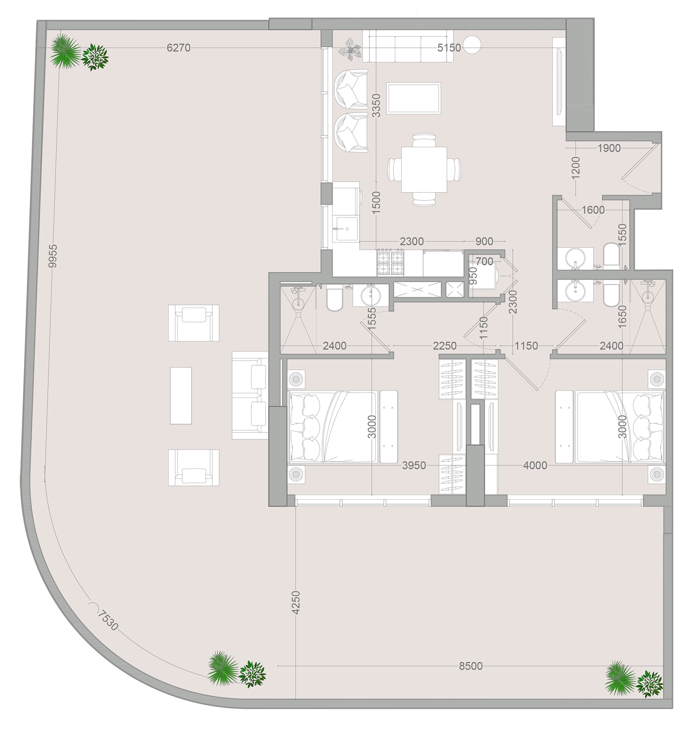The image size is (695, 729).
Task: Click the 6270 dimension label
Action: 178,48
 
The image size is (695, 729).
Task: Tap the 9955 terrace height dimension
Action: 53,256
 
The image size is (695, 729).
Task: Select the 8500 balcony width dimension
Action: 471,666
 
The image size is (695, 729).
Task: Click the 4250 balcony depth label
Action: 296,602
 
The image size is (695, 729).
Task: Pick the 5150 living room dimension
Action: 449,48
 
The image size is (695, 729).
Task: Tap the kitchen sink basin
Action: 346,229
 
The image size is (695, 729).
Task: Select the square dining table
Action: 424,170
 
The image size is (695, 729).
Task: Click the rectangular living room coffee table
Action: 414,98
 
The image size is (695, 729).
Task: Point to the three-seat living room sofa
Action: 408,46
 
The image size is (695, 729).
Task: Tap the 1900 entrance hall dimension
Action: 609,148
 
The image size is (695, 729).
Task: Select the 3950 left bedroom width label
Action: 414,465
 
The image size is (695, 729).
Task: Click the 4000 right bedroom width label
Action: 535,465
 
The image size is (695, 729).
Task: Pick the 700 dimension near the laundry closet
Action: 484,261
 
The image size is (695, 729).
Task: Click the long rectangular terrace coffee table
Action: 181,395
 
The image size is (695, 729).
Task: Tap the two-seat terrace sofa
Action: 250,395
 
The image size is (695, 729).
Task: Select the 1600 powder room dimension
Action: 593,210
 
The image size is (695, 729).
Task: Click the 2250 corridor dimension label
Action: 445,346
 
